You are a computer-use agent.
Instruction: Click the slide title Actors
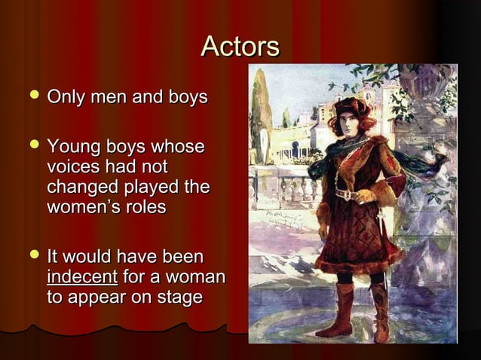pyautogui.click(x=240, y=47)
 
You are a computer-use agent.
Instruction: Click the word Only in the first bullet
pyautogui.click(x=63, y=98)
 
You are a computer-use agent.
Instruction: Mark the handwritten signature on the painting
pyautogui.click(x=280, y=218)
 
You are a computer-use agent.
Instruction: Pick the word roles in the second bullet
pyautogui.click(x=146, y=206)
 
